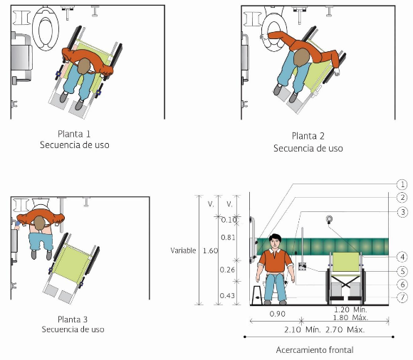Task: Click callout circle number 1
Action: pyautogui.click(x=402, y=184)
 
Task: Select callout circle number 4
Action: pyautogui.click(x=402, y=257)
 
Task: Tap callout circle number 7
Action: pyautogui.click(x=402, y=297)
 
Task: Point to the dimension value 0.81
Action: pyautogui.click(x=228, y=238)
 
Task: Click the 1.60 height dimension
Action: pyautogui.click(x=210, y=250)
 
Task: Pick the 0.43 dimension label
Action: pyautogui.click(x=227, y=295)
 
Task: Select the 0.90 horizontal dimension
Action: pyautogui.click(x=278, y=314)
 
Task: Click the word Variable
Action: pyautogui.click(x=183, y=250)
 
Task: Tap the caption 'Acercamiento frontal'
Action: pyautogui.click(x=315, y=350)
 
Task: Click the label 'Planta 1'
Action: pyautogui.click(x=74, y=134)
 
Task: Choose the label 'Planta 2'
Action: pyautogui.click(x=308, y=136)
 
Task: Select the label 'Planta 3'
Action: pyautogui.click(x=73, y=319)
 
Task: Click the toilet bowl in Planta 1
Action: pyautogui.click(x=46, y=28)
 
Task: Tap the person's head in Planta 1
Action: pyautogui.click(x=84, y=65)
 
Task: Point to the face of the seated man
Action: pyautogui.click(x=275, y=243)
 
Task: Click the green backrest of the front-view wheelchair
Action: pyautogui.click(x=346, y=262)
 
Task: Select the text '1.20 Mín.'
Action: pyautogui.click(x=350, y=309)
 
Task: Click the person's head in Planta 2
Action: pyautogui.click(x=302, y=58)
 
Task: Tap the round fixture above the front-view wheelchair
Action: pyautogui.click(x=329, y=218)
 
